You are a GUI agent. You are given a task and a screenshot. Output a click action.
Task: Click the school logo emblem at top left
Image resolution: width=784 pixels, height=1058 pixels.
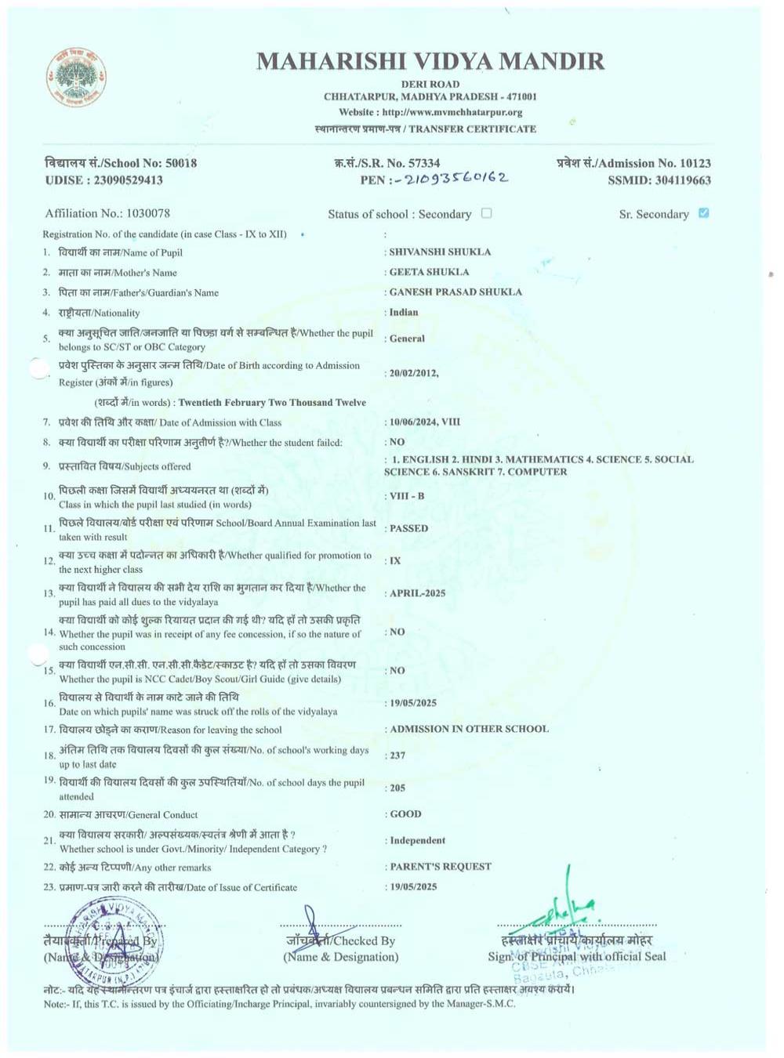pyautogui.click(x=76, y=78)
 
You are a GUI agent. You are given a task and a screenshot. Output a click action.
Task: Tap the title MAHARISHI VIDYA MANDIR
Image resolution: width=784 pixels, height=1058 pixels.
pyautogui.click(x=430, y=61)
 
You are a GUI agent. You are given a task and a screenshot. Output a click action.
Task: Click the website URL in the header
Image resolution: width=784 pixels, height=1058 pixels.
pyautogui.click(x=430, y=112)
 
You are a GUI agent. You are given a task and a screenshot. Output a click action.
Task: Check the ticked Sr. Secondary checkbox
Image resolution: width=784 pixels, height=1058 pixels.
pyautogui.click(x=703, y=213)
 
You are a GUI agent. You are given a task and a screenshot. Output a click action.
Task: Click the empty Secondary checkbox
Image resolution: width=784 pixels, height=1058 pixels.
pyautogui.click(x=486, y=213)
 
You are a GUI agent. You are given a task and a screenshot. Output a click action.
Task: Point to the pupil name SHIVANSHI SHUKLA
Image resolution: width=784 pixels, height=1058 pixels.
pyautogui.click(x=440, y=252)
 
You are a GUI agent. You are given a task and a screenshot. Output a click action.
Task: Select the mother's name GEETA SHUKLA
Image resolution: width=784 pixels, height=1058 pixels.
pyautogui.click(x=429, y=272)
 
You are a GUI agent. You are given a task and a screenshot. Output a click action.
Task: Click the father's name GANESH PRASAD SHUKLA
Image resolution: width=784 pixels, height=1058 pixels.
pyautogui.click(x=455, y=292)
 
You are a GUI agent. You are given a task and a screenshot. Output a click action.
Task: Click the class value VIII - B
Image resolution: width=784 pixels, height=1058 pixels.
pyautogui.click(x=407, y=496)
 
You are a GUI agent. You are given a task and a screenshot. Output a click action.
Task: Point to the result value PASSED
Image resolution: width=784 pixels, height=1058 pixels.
pyautogui.click(x=408, y=528)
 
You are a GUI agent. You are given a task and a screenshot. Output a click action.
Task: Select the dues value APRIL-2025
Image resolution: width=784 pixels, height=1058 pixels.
pyautogui.click(x=417, y=593)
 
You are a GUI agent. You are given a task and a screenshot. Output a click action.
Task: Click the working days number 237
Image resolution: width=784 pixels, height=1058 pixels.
pyautogui.click(x=397, y=755)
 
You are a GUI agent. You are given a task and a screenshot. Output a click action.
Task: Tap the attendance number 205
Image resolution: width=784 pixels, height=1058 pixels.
pyautogui.click(x=397, y=788)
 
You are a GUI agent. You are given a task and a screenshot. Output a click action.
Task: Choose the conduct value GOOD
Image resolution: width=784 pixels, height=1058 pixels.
pyautogui.click(x=405, y=814)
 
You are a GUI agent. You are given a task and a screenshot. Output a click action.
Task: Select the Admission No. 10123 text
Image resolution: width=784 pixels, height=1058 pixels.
pyautogui.click(x=633, y=163)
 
